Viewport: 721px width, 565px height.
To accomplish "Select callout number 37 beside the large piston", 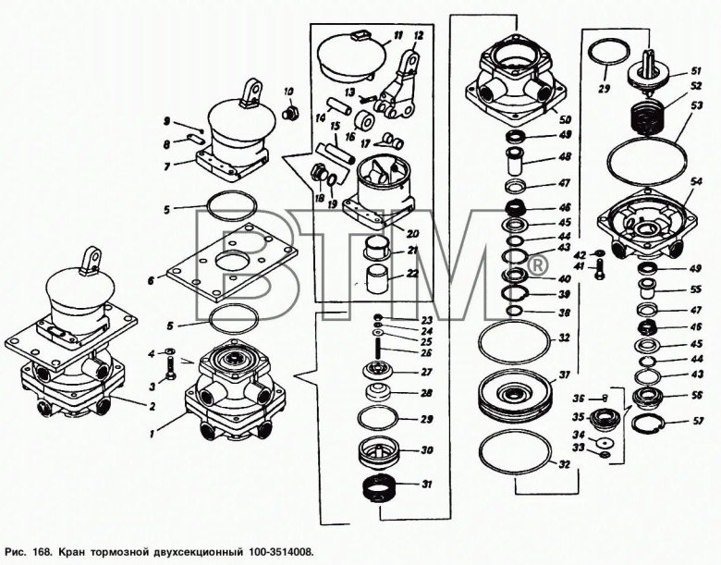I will pos(562,375).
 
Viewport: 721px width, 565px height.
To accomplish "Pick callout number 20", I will pos(413,233).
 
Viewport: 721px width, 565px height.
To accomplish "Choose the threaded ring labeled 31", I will pos(375,486).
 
